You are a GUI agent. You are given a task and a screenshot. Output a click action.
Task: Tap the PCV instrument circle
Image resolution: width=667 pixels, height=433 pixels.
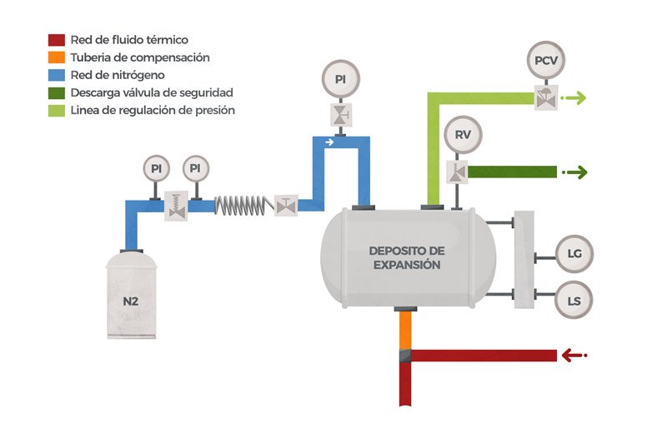[546, 60]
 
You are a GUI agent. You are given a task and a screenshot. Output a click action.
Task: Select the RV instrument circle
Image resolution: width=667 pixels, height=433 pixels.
[463, 135]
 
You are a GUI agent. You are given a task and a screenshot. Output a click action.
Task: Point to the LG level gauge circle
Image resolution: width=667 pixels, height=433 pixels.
[574, 254]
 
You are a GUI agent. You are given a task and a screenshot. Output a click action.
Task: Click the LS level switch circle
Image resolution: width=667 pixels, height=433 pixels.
[574, 301]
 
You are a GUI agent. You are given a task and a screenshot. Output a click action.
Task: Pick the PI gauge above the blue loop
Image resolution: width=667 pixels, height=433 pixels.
[340, 79]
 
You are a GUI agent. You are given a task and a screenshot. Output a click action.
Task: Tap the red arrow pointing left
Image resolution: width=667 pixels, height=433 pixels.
[574, 355]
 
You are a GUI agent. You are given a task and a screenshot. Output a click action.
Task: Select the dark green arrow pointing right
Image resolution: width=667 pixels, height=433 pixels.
[574, 172]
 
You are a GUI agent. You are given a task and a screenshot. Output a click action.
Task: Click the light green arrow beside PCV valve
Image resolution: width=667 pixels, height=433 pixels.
[574, 97]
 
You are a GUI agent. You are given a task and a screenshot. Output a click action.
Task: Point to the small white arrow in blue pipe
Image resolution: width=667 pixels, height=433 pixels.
[329, 142]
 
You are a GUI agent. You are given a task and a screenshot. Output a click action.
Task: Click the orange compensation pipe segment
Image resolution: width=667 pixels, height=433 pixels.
[405, 331]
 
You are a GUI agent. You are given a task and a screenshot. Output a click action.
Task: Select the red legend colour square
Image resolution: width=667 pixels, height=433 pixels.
[57, 40]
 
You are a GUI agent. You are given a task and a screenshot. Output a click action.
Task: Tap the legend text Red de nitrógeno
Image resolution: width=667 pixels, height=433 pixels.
[118, 75]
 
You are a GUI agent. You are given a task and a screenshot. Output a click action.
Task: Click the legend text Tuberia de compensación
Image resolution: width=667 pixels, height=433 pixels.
[140, 57]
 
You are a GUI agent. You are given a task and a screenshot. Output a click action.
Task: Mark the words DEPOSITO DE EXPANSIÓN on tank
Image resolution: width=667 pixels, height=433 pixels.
[407, 257]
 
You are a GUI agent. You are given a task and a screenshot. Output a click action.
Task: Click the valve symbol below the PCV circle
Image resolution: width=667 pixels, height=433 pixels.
[546, 97]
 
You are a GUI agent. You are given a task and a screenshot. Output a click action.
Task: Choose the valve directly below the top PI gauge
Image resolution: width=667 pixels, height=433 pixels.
[341, 115]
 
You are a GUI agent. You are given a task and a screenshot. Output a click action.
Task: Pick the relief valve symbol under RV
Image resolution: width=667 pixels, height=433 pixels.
[457, 172]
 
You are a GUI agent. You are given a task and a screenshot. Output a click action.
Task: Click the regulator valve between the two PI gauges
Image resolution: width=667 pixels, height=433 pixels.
[176, 206]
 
